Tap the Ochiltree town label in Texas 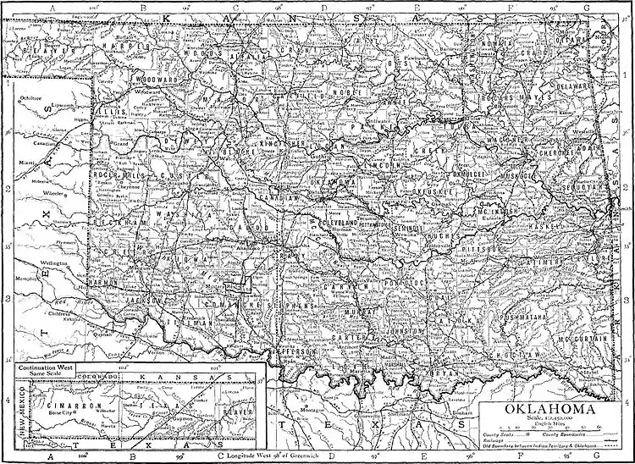[33, 99]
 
